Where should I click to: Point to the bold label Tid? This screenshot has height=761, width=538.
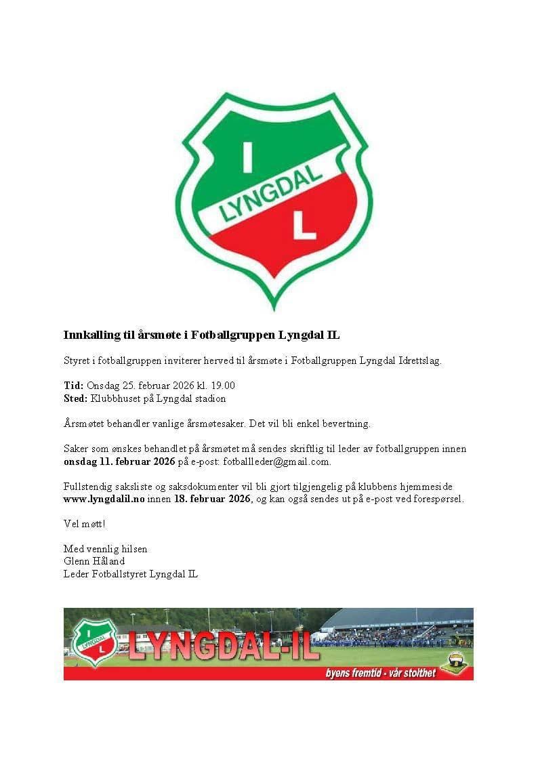click(x=73, y=386)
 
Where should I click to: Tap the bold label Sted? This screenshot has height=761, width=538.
click(x=75, y=398)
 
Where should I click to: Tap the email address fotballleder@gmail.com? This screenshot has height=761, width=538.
click(x=280, y=461)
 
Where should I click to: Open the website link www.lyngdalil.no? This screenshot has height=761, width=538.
click(x=104, y=499)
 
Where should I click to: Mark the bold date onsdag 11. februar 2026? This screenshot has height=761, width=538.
click(x=119, y=461)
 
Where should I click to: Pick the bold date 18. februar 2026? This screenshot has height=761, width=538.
click(x=212, y=499)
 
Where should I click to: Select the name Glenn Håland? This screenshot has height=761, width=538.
click(x=94, y=561)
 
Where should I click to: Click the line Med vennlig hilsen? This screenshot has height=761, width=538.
click(x=105, y=549)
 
